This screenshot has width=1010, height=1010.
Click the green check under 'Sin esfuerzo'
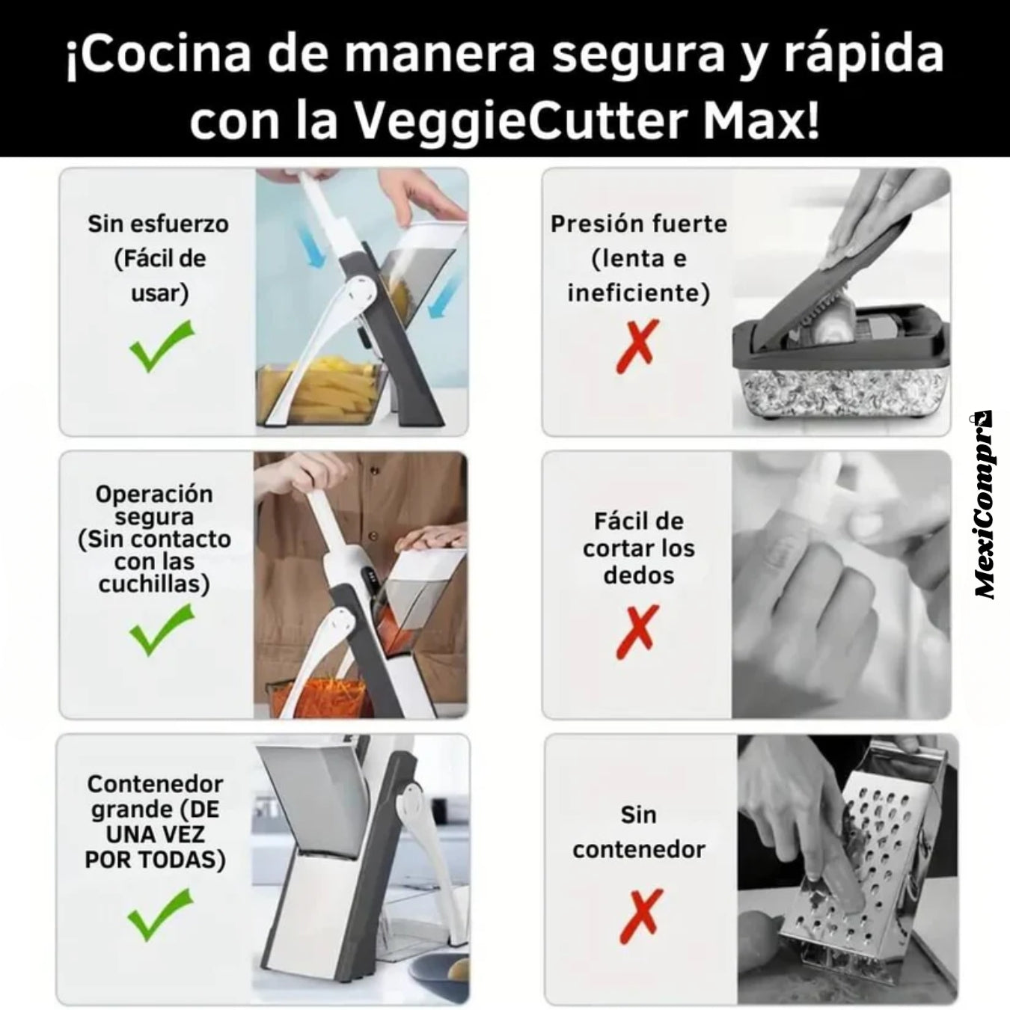click(x=162, y=346)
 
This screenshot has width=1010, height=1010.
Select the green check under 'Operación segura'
click(x=162, y=629)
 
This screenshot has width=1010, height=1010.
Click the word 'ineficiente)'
click(x=638, y=293)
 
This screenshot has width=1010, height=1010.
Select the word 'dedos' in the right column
click(x=638, y=575)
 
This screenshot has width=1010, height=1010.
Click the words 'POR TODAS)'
click(x=155, y=860)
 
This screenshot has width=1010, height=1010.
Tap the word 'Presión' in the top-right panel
click(x=590, y=225)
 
